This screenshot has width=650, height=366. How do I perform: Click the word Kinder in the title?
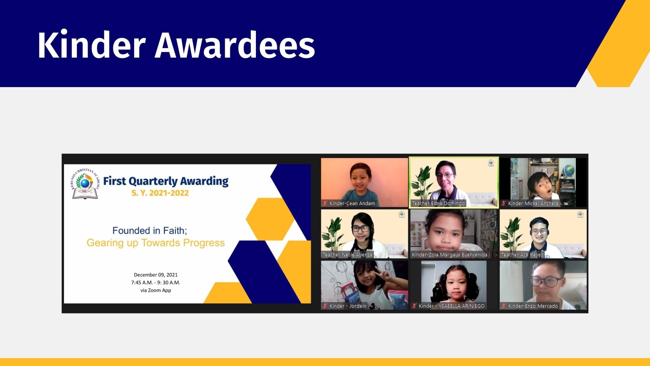click(x=91, y=45)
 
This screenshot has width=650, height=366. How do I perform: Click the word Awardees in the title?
click(x=235, y=45)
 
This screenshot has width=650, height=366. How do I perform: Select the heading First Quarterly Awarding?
click(x=166, y=181)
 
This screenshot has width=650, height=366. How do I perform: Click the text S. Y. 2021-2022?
click(x=160, y=193)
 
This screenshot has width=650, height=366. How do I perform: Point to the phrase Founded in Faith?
click(x=150, y=230)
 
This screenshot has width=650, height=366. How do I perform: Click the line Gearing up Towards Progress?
click(x=156, y=243)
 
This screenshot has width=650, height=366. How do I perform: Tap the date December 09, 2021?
click(x=156, y=275)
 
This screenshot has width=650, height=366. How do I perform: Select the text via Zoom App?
click(x=156, y=290)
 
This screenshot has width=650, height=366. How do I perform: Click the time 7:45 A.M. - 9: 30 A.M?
click(x=156, y=283)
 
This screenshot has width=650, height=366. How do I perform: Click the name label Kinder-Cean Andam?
click(x=352, y=203)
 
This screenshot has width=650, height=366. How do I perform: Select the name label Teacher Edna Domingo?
click(x=438, y=203)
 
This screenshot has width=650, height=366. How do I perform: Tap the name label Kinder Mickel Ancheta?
click(x=533, y=203)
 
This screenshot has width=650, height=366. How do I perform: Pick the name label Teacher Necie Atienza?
click(x=347, y=255)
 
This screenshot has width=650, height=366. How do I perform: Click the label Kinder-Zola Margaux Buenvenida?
click(x=450, y=255)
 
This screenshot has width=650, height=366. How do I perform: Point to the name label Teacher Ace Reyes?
click(x=522, y=255)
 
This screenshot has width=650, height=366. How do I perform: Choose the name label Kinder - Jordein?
click(x=348, y=306)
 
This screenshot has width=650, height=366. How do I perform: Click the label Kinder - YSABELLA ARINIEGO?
click(x=452, y=306)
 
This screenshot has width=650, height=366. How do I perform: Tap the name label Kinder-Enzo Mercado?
click(x=533, y=306)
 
